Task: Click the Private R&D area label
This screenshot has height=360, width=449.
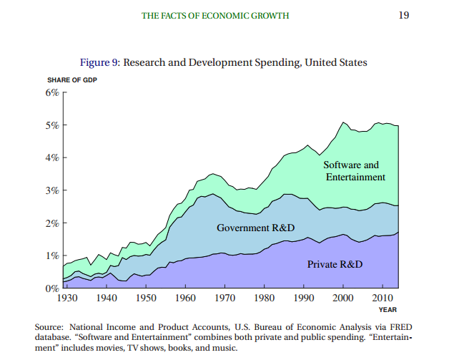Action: point(335,265)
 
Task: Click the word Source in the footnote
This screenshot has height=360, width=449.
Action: point(49,327)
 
